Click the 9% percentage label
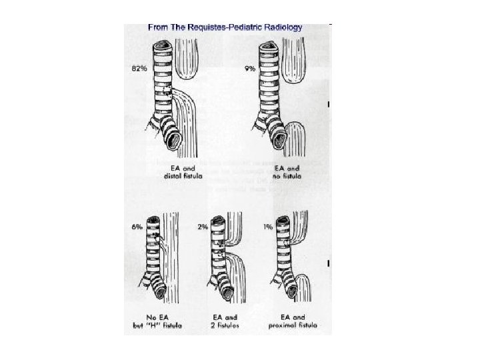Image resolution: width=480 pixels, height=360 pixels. tap(250, 69)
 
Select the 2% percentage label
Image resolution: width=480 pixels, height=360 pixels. tap(203, 227)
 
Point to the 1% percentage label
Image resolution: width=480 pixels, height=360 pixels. tap(267, 227)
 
